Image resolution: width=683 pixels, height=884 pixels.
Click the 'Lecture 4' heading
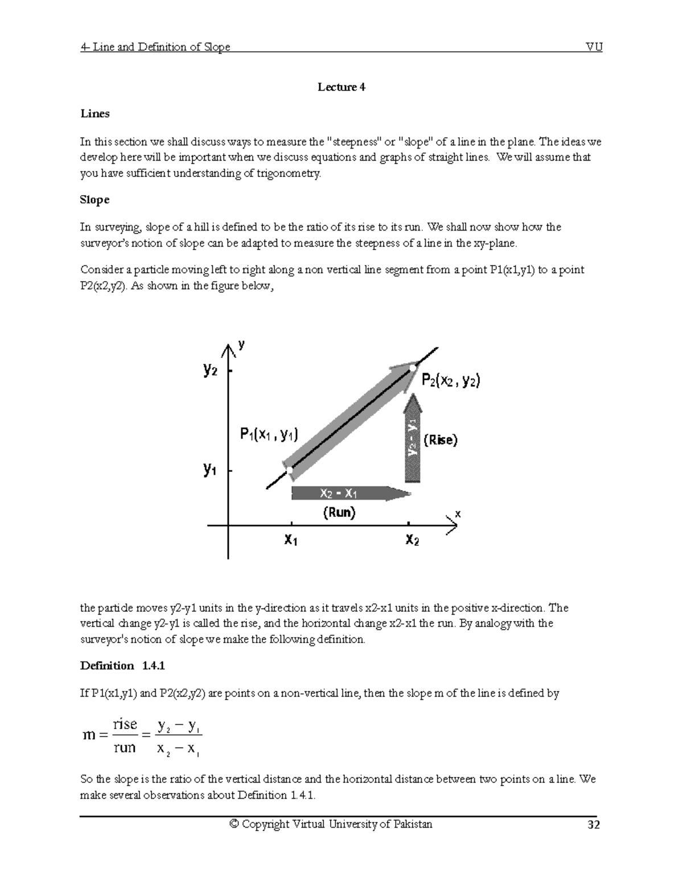[x=341, y=87]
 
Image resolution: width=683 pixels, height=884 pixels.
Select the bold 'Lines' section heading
[x=94, y=114]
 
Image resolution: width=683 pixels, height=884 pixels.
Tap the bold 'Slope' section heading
[x=94, y=200]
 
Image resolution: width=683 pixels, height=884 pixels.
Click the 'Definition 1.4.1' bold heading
[x=122, y=666]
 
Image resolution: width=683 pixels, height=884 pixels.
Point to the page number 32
[x=594, y=825]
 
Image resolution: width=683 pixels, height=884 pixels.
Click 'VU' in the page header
[x=594, y=47]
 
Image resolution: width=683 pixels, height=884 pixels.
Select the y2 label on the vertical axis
[x=211, y=370]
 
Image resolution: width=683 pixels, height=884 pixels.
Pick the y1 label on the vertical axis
[x=210, y=470]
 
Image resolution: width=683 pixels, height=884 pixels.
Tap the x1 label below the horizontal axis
[x=291, y=539]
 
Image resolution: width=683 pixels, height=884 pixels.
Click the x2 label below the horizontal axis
[x=412, y=539]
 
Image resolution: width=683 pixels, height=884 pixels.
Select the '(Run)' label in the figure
[x=339, y=512]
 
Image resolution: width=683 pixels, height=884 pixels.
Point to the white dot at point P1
[x=290, y=470]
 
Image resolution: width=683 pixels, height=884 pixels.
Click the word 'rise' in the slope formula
[x=125, y=724]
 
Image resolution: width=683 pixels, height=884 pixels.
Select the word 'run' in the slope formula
[x=125, y=747]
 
